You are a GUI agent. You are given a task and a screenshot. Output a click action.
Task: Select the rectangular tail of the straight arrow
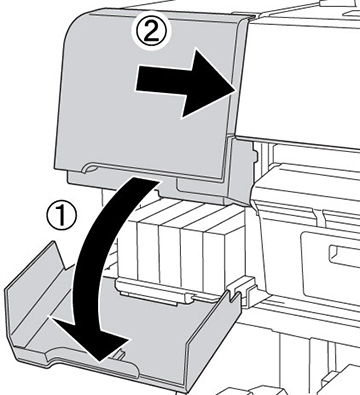(160, 78)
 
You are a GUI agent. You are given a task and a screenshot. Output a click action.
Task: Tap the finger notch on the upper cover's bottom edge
(91, 168)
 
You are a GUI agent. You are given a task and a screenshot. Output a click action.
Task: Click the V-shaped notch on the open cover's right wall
(234, 295)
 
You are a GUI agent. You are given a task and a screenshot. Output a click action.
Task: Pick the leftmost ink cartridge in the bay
(148, 250)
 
